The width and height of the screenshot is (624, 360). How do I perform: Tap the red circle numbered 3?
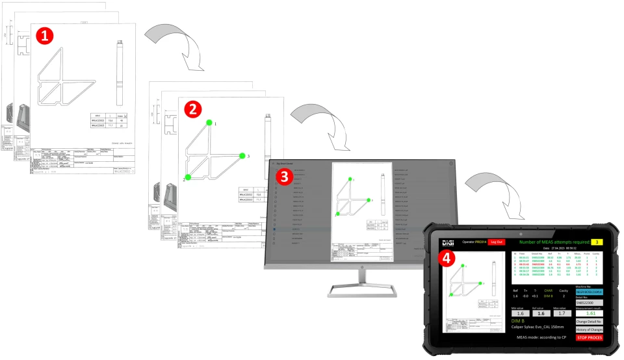pos(283,175)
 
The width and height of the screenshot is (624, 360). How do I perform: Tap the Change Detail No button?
pos(589,321)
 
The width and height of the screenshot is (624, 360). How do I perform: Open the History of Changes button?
pos(589,329)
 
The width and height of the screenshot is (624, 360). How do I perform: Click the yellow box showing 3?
pos(597,242)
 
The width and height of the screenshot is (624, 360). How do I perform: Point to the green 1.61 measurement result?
pos(589,313)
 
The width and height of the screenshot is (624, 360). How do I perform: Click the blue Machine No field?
pos(589,292)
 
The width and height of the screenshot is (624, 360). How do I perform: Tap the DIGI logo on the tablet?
pos(448,242)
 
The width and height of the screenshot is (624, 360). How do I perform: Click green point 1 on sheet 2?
pos(208,122)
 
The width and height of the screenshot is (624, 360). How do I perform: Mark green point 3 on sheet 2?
pos(242,156)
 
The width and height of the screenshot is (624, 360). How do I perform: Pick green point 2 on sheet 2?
pos(188,177)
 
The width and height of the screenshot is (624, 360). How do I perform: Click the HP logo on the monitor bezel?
pos(361,267)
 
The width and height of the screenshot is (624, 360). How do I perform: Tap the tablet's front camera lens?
pos(520,232)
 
